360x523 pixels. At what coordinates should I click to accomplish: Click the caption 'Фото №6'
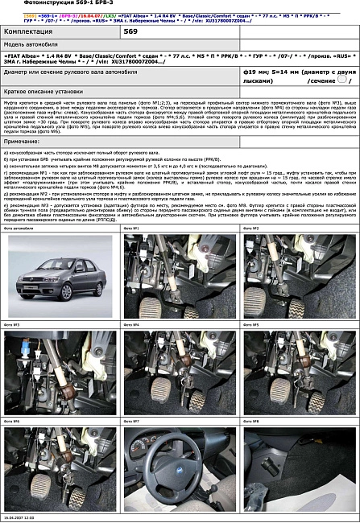(12, 420)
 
